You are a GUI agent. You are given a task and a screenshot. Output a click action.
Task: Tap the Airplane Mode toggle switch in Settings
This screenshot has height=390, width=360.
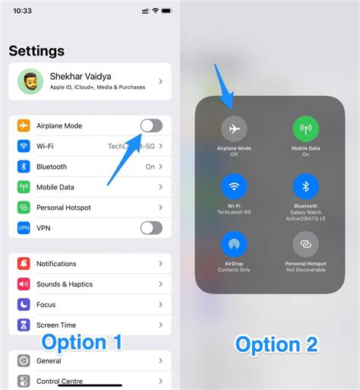(x=151, y=125)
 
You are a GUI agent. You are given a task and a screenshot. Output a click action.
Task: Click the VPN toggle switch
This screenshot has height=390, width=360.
(x=151, y=228)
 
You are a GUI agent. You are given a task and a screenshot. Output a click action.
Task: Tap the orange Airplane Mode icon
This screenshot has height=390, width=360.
(x=24, y=125)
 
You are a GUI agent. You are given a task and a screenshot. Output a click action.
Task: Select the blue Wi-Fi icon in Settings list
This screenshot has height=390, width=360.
(x=24, y=146)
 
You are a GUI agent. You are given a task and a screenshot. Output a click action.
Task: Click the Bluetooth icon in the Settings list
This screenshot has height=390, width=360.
(x=24, y=166)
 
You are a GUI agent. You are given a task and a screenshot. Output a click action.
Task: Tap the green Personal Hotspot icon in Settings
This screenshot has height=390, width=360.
(x=24, y=208)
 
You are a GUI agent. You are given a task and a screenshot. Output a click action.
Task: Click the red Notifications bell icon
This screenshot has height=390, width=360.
(x=24, y=264)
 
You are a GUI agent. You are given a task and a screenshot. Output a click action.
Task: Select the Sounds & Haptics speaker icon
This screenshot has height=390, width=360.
(x=24, y=284)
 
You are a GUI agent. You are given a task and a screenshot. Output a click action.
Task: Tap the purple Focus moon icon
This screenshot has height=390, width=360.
(x=24, y=304)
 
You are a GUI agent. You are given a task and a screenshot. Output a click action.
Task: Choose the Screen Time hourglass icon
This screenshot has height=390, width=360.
(x=24, y=325)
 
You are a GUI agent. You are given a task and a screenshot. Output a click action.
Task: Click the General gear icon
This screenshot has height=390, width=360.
(x=24, y=360)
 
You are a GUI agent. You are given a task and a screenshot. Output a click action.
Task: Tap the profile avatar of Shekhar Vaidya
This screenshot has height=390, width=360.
(x=30, y=81)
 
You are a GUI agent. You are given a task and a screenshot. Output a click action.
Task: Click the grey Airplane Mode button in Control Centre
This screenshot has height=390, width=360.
(x=234, y=128)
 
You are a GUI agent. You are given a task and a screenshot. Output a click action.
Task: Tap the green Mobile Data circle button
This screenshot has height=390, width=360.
(x=306, y=128)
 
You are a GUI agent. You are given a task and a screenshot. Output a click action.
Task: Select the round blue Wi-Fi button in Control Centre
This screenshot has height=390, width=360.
(x=234, y=186)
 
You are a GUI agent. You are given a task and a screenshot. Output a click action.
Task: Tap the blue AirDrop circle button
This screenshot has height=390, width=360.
(x=234, y=244)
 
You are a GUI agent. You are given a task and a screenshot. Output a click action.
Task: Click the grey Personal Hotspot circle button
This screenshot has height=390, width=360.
(x=306, y=244)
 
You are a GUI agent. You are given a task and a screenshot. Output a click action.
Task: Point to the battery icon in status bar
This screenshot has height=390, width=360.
(x=167, y=11)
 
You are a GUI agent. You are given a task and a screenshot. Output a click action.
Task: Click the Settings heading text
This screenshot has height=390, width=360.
(x=36, y=51)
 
